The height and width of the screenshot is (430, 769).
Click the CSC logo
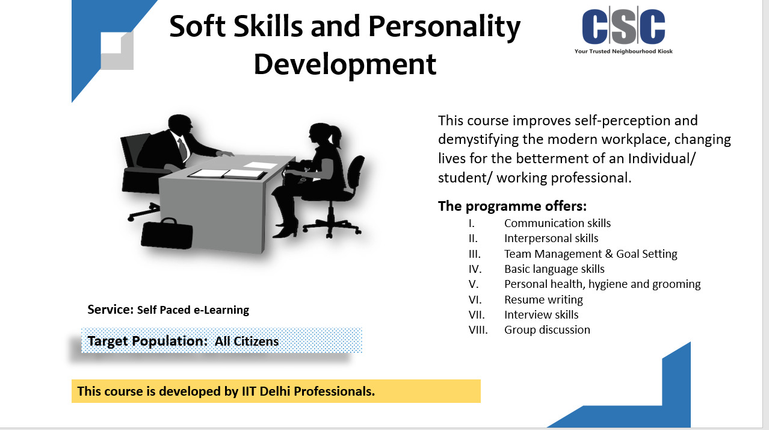(623, 30)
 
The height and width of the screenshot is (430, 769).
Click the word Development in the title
(345, 64)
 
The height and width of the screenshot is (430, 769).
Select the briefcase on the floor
(167, 233)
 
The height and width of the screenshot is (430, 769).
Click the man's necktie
(182, 149)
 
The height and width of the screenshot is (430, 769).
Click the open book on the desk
(227, 173)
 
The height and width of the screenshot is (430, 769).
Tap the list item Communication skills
(557, 223)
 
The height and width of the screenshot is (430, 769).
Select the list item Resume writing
(543, 300)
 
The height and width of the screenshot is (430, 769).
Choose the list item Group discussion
(547, 329)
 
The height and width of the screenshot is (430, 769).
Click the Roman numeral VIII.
(478, 329)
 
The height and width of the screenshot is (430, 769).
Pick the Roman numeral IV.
(475, 269)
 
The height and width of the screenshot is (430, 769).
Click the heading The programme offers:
(512, 206)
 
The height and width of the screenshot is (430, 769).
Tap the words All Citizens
(247, 341)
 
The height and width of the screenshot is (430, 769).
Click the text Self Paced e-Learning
(193, 310)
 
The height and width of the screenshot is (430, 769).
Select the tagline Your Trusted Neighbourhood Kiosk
(623, 51)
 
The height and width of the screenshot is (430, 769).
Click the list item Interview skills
(541, 314)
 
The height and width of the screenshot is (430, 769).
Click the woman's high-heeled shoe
(285, 231)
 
